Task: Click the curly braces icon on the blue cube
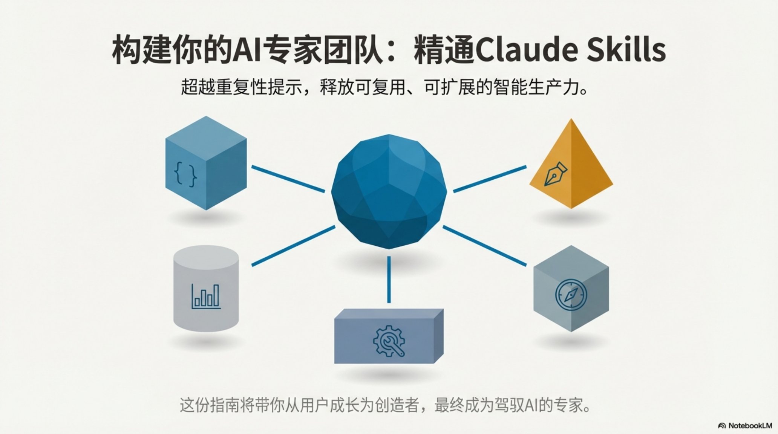coord(185,174)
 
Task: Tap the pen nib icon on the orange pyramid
coord(556,174)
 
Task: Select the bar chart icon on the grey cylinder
coord(206,296)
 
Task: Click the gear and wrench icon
coord(389,341)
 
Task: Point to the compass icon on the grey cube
coord(571,295)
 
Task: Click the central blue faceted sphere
coord(389,191)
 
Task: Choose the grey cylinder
coord(206,288)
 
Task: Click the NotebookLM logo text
coord(750,426)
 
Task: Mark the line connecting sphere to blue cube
coord(288,179)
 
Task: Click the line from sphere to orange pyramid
coord(489,179)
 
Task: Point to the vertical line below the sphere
coord(389,279)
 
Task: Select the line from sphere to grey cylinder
coord(293,246)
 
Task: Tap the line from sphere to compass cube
coord(484,246)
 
